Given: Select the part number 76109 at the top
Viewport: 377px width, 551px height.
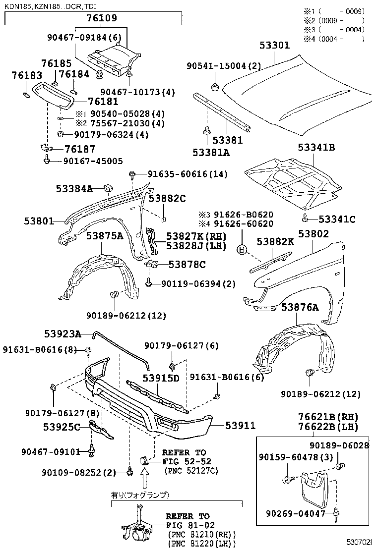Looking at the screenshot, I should [101, 18].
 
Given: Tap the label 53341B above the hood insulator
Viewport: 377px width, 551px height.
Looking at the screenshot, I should [316, 147].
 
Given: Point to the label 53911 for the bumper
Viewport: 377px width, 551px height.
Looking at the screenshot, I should [241, 425].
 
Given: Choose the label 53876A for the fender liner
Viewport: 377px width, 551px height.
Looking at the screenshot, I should [300, 307].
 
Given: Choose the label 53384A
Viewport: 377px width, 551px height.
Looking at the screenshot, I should [74, 188].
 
